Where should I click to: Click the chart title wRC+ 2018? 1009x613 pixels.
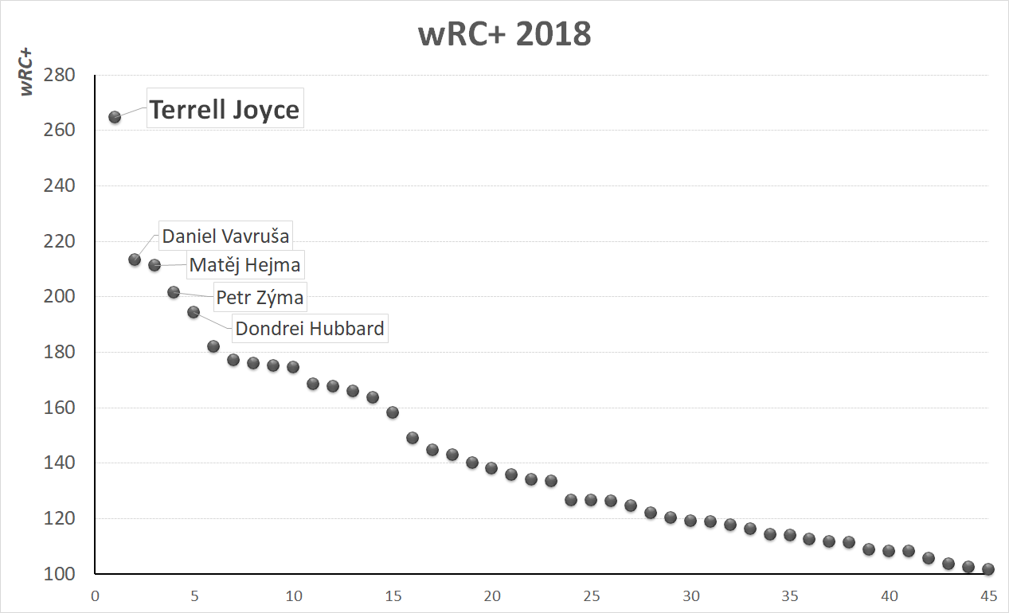tap(505, 35)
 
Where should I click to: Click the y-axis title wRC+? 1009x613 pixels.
tap(27, 72)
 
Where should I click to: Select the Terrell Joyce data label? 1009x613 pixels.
tap(225, 109)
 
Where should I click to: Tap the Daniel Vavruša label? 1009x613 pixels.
tap(225, 236)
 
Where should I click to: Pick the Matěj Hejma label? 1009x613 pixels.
tap(244, 264)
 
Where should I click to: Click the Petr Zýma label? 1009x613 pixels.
tap(260, 299)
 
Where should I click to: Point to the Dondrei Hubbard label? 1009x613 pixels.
tap(310, 328)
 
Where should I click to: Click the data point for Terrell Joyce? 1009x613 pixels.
tap(115, 117)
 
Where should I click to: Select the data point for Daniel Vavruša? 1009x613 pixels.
tap(135, 260)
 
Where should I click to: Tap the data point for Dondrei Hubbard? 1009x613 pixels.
tap(194, 312)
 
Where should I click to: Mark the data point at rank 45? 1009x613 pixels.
tap(988, 569)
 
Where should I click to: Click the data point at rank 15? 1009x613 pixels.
tap(393, 412)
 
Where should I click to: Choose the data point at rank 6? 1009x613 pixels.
tap(213, 346)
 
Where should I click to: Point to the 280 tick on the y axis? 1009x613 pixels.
tap(59, 76)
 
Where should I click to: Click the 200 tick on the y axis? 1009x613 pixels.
tap(59, 297)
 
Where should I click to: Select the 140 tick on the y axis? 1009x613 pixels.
tap(59, 463)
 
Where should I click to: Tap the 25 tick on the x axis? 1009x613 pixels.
tap(591, 596)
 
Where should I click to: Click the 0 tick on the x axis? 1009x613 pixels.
tap(95, 596)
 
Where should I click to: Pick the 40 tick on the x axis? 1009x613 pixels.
tap(889, 596)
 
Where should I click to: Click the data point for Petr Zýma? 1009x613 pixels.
tap(174, 292)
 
